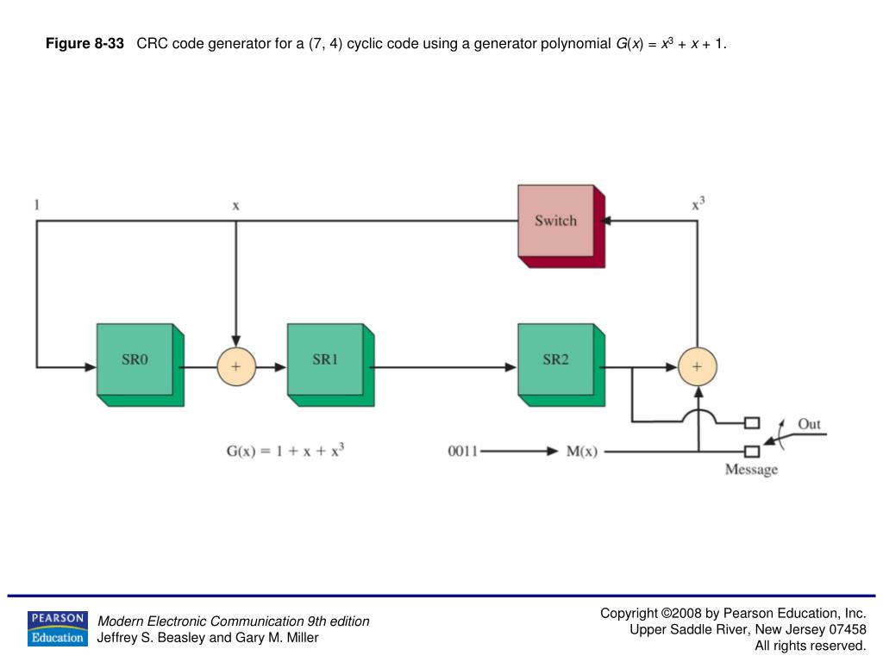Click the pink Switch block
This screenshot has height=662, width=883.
(555, 221)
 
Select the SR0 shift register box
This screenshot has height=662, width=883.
(135, 360)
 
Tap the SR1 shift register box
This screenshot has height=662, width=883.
(325, 360)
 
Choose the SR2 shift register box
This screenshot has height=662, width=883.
(555, 360)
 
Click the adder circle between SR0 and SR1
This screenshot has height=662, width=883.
(235, 366)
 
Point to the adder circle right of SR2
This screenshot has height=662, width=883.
(698, 366)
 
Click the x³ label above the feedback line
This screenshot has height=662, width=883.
(698, 204)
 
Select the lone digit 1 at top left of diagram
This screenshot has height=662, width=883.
(36, 205)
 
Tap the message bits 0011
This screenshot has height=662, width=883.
(463, 451)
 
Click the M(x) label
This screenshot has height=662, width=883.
(581, 451)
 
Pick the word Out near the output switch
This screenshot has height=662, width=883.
(809, 424)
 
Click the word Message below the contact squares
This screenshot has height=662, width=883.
(751, 470)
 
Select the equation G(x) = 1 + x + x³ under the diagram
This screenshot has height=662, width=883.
(285, 451)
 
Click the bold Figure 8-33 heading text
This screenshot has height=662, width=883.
(85, 43)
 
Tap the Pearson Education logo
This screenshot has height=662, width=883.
(57, 628)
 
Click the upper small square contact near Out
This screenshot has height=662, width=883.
(752, 422)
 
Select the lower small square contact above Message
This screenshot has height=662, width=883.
(752, 451)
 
